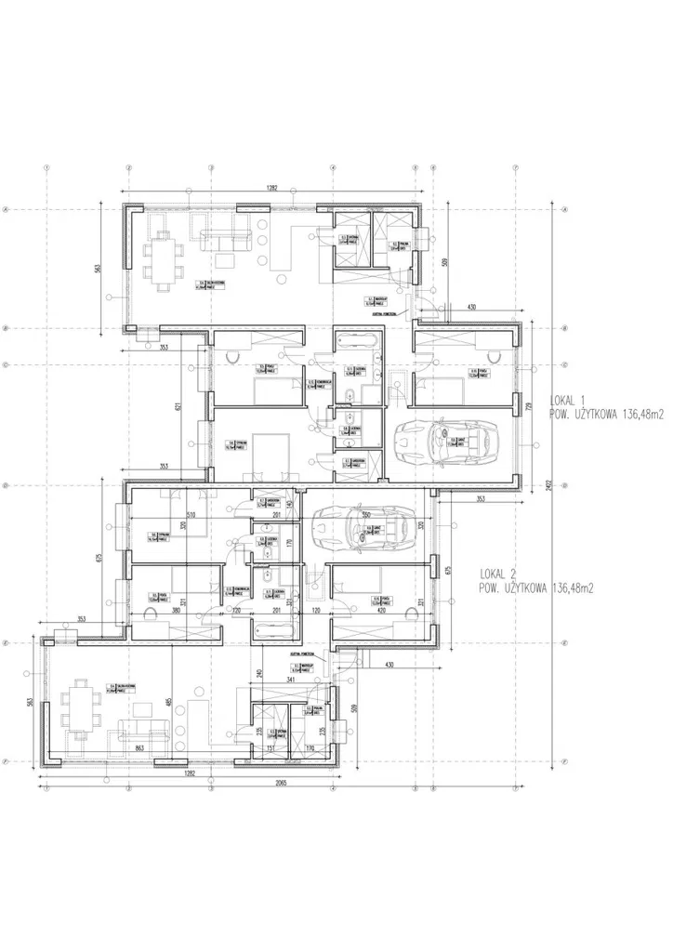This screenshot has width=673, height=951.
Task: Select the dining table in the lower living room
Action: (x=81, y=708)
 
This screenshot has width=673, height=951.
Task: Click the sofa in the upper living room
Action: (x=223, y=240)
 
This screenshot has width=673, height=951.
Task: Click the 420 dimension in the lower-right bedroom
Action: (x=382, y=613)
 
